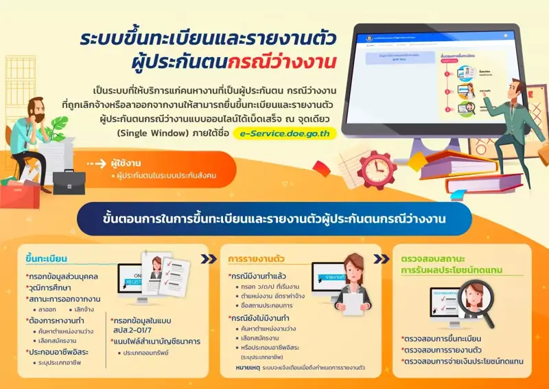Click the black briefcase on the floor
(x=69, y=182)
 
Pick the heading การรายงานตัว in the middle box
(x=258, y=259)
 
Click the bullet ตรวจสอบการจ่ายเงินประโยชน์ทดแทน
(x=463, y=361)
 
